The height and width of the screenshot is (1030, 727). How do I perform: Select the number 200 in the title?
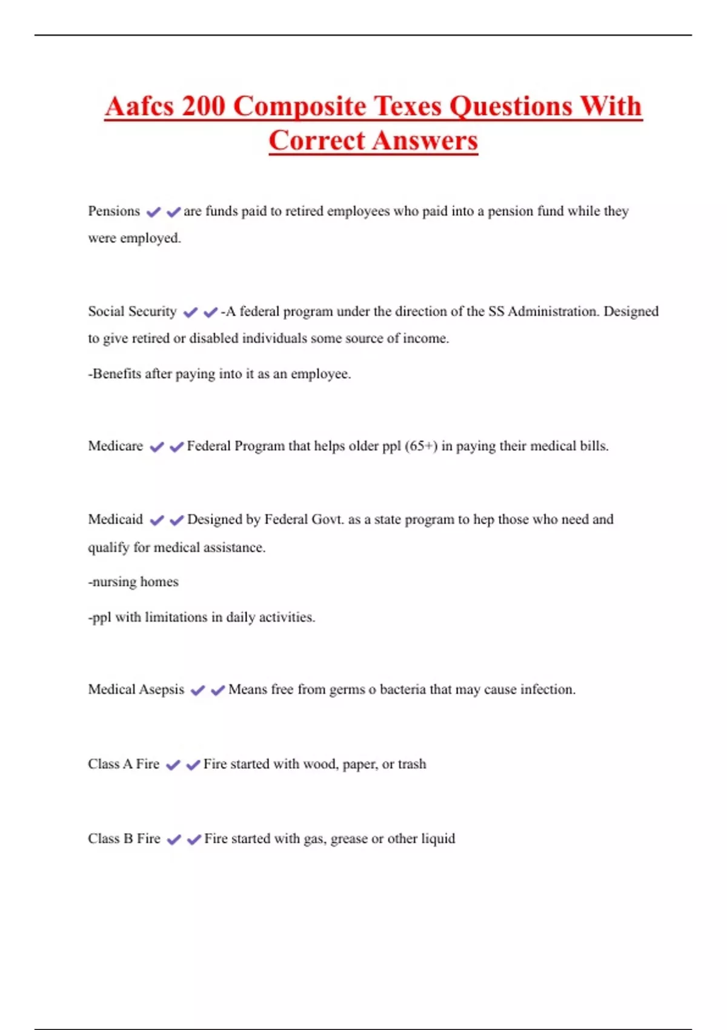202,106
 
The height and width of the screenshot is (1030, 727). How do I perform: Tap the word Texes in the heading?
408,106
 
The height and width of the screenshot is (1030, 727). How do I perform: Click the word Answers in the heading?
425,141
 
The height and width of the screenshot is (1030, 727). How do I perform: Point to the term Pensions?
114,211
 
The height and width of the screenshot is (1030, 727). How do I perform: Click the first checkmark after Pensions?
153,211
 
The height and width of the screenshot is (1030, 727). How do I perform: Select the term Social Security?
132,311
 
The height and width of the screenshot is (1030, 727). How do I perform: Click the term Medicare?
115,446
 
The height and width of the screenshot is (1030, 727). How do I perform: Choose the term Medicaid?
115,519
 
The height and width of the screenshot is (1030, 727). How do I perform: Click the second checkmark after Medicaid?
176,520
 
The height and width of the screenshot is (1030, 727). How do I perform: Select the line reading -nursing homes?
133,582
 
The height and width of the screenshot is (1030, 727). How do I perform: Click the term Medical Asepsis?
136,689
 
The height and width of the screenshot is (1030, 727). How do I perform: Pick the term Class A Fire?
124,764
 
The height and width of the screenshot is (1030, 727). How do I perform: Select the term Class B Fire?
124,839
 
